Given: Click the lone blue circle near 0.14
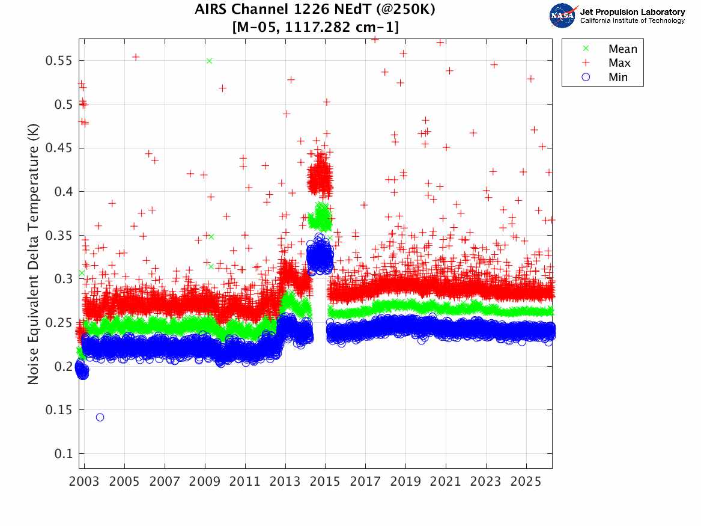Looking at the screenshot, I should (x=100, y=417).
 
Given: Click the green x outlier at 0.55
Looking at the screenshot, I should (x=209, y=61).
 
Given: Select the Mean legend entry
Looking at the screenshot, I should (x=622, y=49).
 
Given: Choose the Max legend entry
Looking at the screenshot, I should (x=619, y=63).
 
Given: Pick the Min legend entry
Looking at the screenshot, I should (x=618, y=77).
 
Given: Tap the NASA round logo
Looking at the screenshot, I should (x=562, y=16).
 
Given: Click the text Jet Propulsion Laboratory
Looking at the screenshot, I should (x=632, y=12).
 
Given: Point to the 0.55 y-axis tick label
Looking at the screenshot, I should (x=59, y=61).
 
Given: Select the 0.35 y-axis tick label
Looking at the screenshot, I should (x=59, y=236).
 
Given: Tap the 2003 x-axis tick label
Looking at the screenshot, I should (x=85, y=482).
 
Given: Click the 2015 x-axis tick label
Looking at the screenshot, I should (x=326, y=482).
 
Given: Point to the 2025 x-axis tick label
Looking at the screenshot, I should (x=526, y=482).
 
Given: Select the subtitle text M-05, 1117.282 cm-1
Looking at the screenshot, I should (x=315, y=27).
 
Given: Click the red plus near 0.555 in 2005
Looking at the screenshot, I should (x=136, y=57).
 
